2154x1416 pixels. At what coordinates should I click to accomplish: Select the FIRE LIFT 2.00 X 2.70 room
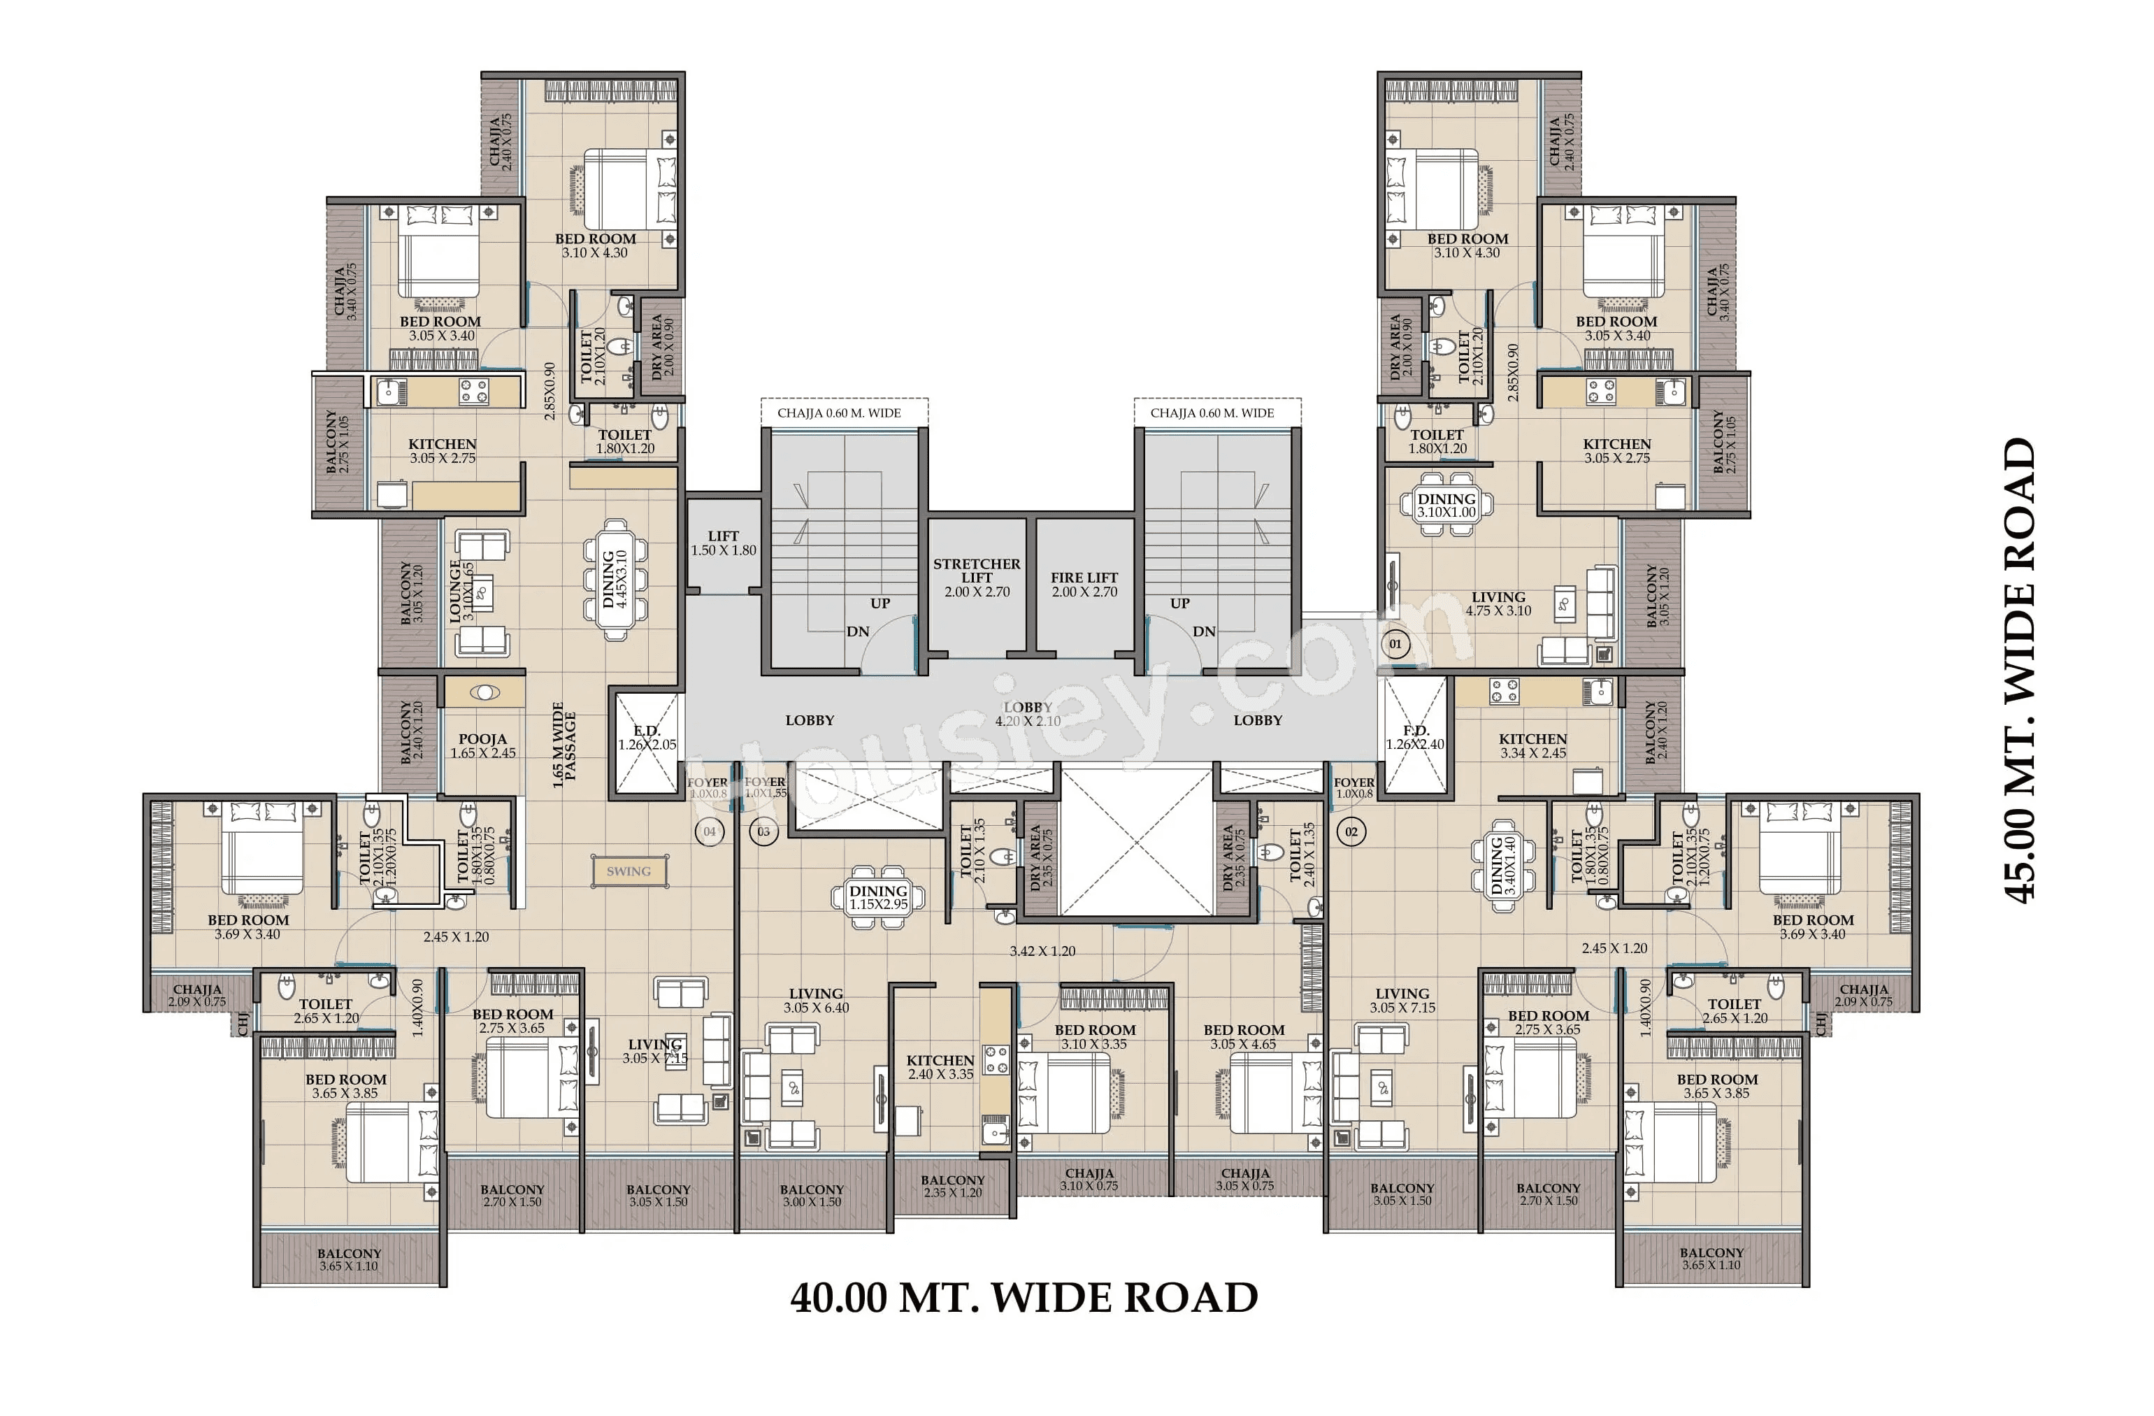click(1084, 584)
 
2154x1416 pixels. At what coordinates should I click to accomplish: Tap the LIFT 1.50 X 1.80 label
click(723, 543)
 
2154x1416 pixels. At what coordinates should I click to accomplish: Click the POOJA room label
click(482, 745)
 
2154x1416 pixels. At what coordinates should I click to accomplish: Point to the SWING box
click(630, 871)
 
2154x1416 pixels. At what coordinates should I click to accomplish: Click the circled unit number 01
click(1395, 645)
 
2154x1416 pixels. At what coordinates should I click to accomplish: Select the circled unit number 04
click(710, 831)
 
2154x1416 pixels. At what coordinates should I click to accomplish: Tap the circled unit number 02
click(1351, 831)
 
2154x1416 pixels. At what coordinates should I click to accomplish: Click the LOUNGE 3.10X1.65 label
click(461, 590)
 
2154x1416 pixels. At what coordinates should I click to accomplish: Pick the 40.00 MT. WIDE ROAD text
click(1024, 1297)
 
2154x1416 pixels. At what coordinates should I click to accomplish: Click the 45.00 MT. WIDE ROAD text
click(2020, 670)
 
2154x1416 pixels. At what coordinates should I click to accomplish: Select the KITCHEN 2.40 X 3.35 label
click(940, 1066)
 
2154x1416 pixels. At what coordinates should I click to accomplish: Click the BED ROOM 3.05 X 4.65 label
click(1244, 1036)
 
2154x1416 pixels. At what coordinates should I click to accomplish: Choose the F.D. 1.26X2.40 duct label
click(1414, 737)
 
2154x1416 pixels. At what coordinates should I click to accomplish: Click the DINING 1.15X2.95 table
click(878, 897)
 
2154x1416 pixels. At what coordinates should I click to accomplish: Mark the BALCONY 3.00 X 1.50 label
click(811, 1195)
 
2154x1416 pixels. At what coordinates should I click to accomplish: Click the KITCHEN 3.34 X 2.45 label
click(1532, 745)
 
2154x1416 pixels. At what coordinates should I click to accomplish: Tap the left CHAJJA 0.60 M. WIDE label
click(839, 413)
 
